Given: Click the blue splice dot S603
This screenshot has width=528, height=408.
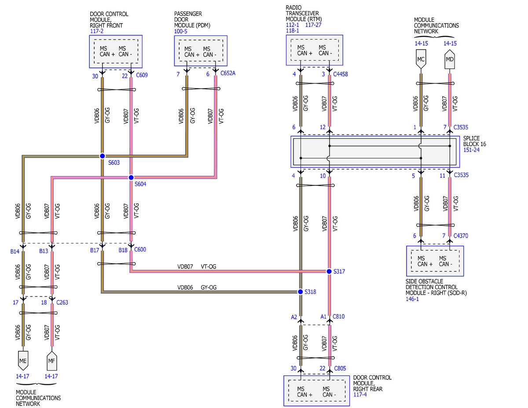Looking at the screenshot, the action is point(102,156).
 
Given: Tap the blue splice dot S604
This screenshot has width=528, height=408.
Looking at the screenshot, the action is point(131,177).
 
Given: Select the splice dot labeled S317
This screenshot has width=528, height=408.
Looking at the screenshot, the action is point(329,271).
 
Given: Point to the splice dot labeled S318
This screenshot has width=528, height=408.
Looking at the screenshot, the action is point(301,292).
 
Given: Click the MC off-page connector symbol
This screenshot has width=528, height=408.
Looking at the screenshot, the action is point(421,59).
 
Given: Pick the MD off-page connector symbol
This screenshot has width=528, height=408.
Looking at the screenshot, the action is point(450,59).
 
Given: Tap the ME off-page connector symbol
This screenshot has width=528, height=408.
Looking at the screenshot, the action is point(23,360).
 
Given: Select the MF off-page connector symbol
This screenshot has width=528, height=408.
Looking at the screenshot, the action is point(51,360).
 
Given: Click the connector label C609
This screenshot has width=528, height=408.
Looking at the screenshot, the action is point(142,75).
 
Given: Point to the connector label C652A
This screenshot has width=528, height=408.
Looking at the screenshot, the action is point(228,73).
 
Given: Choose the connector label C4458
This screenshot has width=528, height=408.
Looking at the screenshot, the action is point(341,74).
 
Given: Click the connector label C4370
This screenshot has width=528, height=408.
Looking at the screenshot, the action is point(461,235).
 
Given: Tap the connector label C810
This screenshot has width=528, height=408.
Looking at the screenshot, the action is point(338,316).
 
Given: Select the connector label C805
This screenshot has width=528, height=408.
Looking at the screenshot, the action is point(340,368).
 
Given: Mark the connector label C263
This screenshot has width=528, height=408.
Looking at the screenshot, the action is point(62,302).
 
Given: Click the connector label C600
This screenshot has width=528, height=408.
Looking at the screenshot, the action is point(140,250).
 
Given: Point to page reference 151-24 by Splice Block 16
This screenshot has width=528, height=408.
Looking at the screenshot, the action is point(471,150).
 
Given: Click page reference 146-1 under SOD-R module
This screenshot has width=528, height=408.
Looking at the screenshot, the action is point(412,299).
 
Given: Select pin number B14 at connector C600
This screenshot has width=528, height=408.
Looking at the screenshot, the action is point(15,251).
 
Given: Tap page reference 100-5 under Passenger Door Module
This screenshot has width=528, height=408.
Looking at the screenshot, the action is point(181,31).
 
